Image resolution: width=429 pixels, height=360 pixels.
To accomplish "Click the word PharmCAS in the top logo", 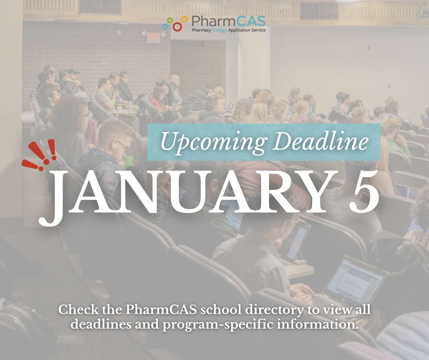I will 227,21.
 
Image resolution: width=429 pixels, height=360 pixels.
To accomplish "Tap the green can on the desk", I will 129,161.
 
